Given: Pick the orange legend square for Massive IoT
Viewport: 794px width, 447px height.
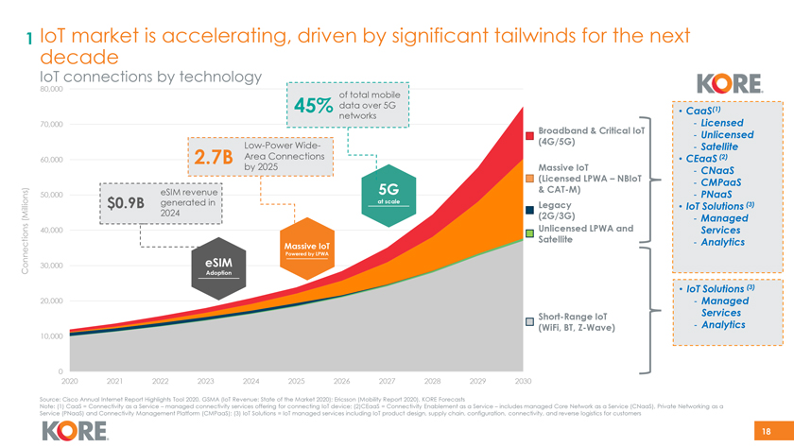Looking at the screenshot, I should (530, 181).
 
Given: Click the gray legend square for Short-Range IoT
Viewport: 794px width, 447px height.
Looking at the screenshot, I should (530, 322).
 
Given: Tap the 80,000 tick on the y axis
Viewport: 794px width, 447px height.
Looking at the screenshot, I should (51, 89).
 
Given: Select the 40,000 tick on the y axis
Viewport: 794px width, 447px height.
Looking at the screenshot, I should (51, 230).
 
